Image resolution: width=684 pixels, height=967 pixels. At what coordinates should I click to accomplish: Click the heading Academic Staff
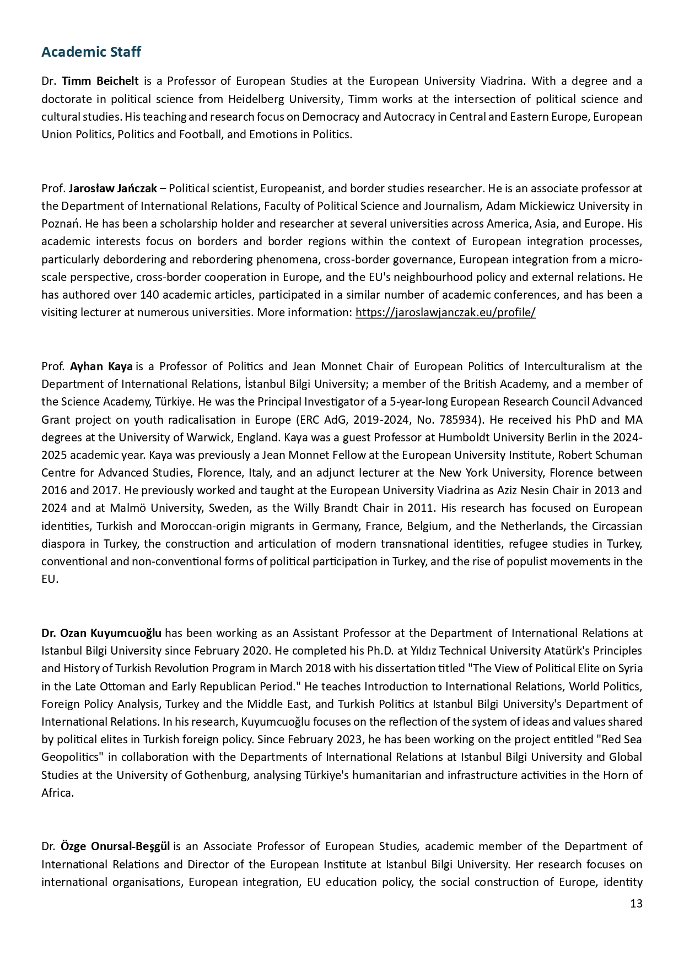pos(91,52)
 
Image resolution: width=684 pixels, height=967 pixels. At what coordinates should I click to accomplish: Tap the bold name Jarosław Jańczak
pos(112,188)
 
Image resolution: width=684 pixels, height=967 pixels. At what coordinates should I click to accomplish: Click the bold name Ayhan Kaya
pos(101,366)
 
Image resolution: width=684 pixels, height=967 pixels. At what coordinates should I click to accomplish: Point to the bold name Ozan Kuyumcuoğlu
pos(101,633)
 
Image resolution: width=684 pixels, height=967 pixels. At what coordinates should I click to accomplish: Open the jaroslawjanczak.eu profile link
pos(445,313)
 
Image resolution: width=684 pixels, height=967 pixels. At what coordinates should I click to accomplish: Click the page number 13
pos(635,904)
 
